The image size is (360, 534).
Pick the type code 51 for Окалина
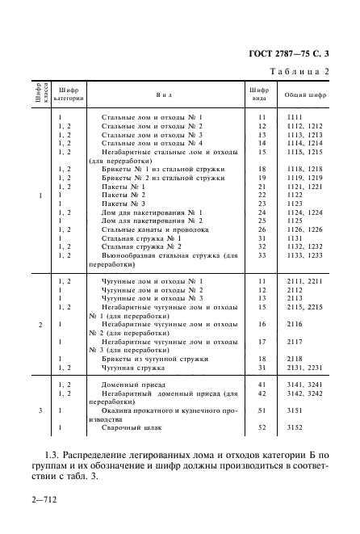261,411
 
